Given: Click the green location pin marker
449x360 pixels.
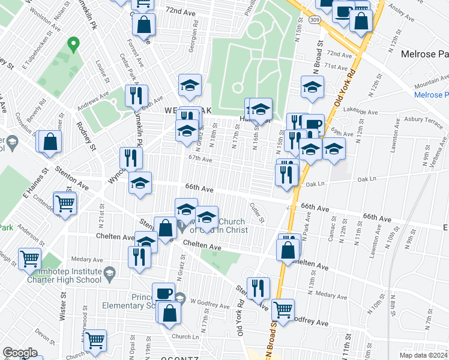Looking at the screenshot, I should click(73, 44).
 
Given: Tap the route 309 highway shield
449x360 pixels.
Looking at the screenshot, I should click(315, 20).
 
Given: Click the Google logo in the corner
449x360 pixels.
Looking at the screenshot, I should click(20, 353).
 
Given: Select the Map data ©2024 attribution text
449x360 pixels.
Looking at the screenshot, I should click(423, 355).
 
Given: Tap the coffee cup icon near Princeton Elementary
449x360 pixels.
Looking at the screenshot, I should click(163, 293).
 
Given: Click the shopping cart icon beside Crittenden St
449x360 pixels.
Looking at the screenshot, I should click(65, 203).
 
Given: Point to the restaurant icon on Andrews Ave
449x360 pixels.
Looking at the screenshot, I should click(136, 96).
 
